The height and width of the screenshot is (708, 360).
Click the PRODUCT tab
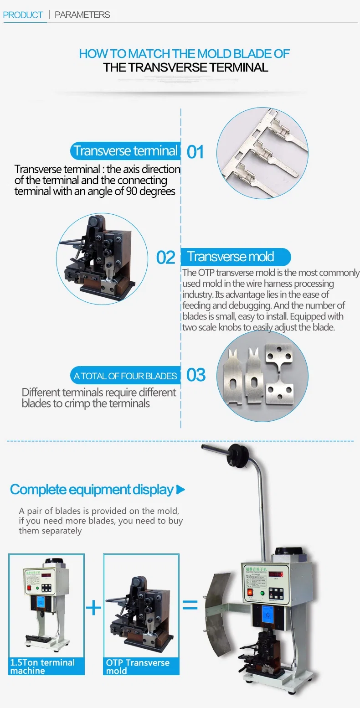[23, 15]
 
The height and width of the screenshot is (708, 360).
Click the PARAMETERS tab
[82, 15]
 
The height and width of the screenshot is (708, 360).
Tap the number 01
[195, 152]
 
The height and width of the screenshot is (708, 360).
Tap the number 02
[165, 257]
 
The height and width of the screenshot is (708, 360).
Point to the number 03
[196, 375]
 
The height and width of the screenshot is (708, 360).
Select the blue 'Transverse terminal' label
[125, 151]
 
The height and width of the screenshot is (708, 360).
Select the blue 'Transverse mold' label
[235, 257]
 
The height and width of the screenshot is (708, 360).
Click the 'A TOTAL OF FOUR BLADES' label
[125, 376]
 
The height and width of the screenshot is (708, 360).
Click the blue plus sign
[93, 607]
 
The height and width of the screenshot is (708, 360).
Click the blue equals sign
[190, 605]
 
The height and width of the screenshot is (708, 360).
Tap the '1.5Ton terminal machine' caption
[46, 667]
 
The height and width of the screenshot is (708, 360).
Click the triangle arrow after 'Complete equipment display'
[180, 490]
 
